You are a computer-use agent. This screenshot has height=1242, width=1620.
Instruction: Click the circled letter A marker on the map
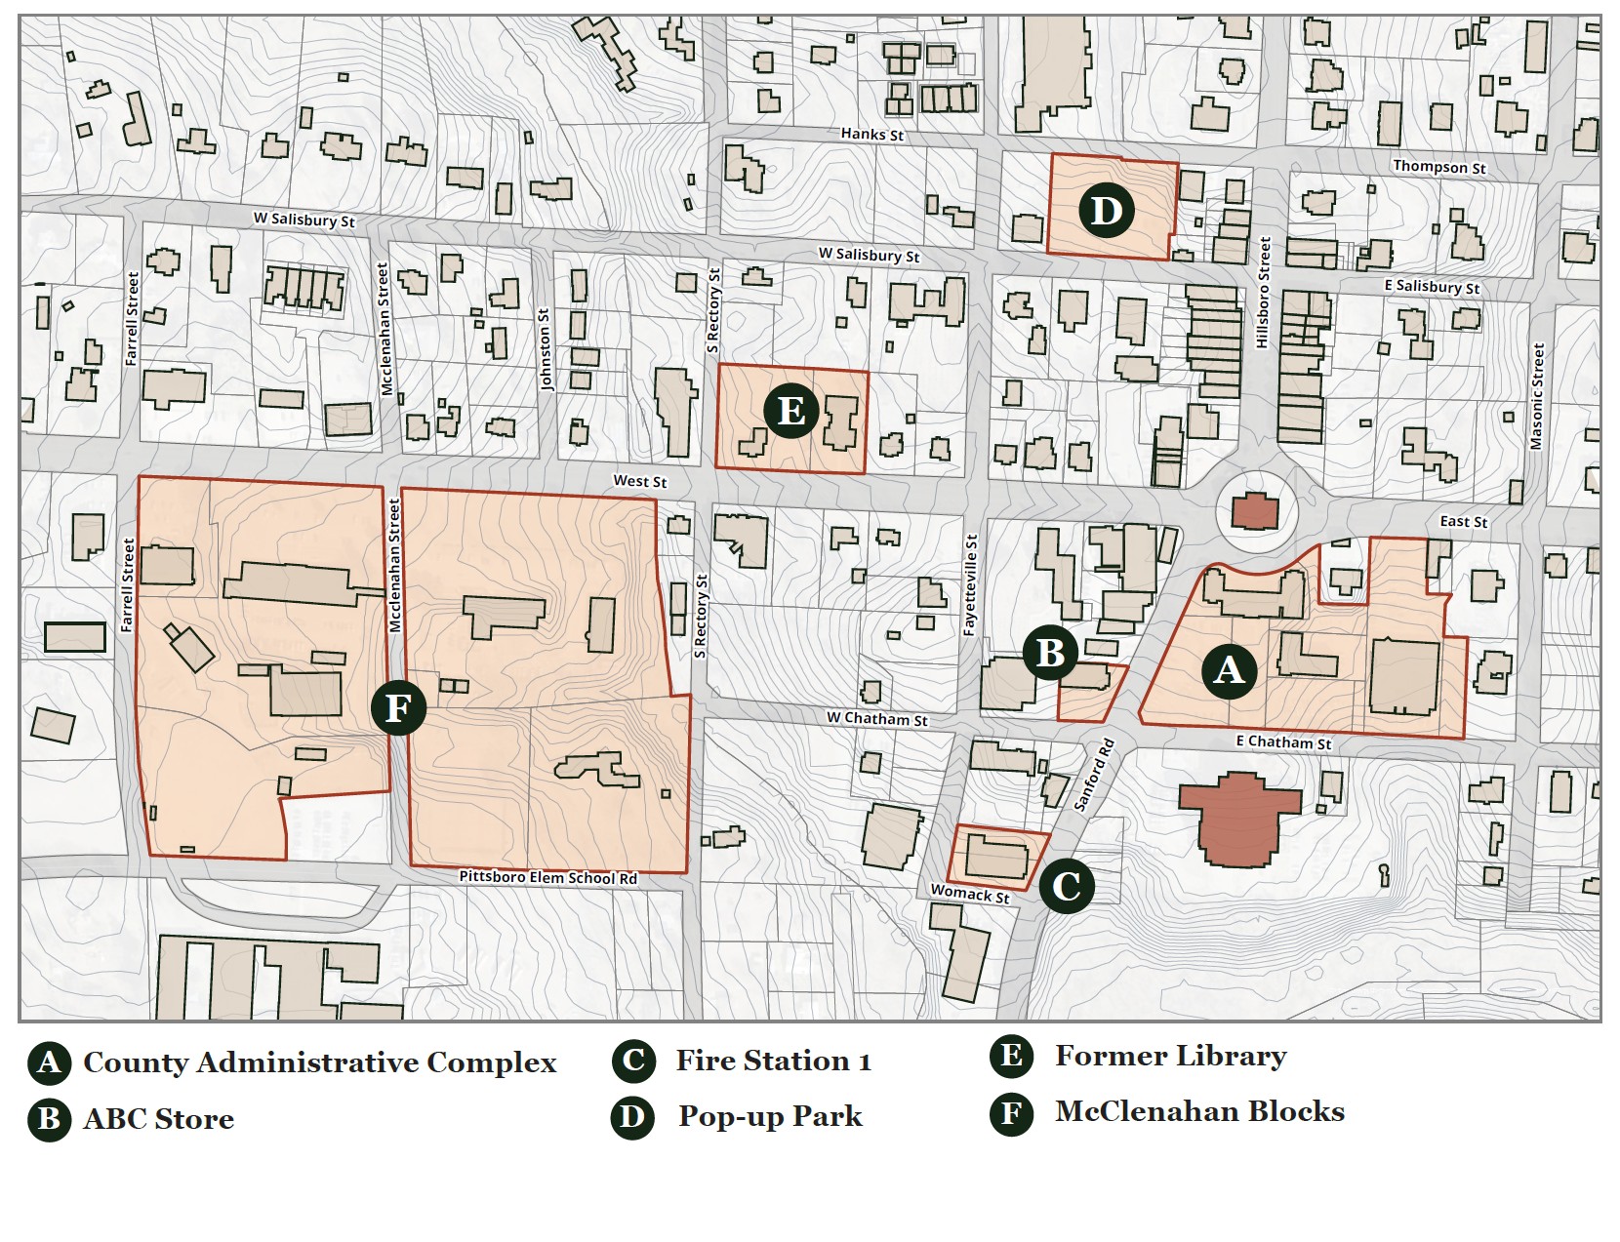coord(1228,669)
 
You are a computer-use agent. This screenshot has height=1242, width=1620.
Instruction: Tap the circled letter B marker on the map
coord(1050,652)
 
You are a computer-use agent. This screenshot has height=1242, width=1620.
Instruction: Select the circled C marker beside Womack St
coord(1066,886)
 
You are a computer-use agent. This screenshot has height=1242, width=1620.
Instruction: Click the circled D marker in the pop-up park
coord(1106,210)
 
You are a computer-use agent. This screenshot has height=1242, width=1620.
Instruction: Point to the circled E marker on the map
coord(790,410)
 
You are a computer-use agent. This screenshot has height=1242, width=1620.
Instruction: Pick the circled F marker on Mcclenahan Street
coord(398,707)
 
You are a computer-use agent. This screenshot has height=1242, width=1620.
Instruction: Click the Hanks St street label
coord(871,134)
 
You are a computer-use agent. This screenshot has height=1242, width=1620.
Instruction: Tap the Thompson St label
coord(1438,167)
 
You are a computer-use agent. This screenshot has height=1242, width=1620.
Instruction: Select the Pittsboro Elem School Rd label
coord(547,877)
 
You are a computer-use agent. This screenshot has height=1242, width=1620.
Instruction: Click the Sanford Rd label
coord(1094,775)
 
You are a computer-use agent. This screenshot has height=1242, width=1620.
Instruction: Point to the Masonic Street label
coord(1537,396)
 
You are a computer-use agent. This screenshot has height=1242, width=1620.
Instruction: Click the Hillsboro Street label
coord(1263,292)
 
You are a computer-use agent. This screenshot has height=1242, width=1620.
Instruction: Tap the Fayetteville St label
coord(970,585)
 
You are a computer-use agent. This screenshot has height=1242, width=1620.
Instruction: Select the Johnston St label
coord(546,349)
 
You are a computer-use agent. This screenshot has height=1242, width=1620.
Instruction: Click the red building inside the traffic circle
coord(1255,510)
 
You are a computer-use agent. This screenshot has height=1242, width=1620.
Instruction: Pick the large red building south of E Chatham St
coord(1240,818)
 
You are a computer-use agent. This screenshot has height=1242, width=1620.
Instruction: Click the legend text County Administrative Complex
coord(319,1062)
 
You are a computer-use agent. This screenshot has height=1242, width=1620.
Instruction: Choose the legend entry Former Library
coord(1170,1056)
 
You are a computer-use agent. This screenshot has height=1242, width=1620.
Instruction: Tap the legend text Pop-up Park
coord(770,1116)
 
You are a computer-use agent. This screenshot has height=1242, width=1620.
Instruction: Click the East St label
coord(1463,522)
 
